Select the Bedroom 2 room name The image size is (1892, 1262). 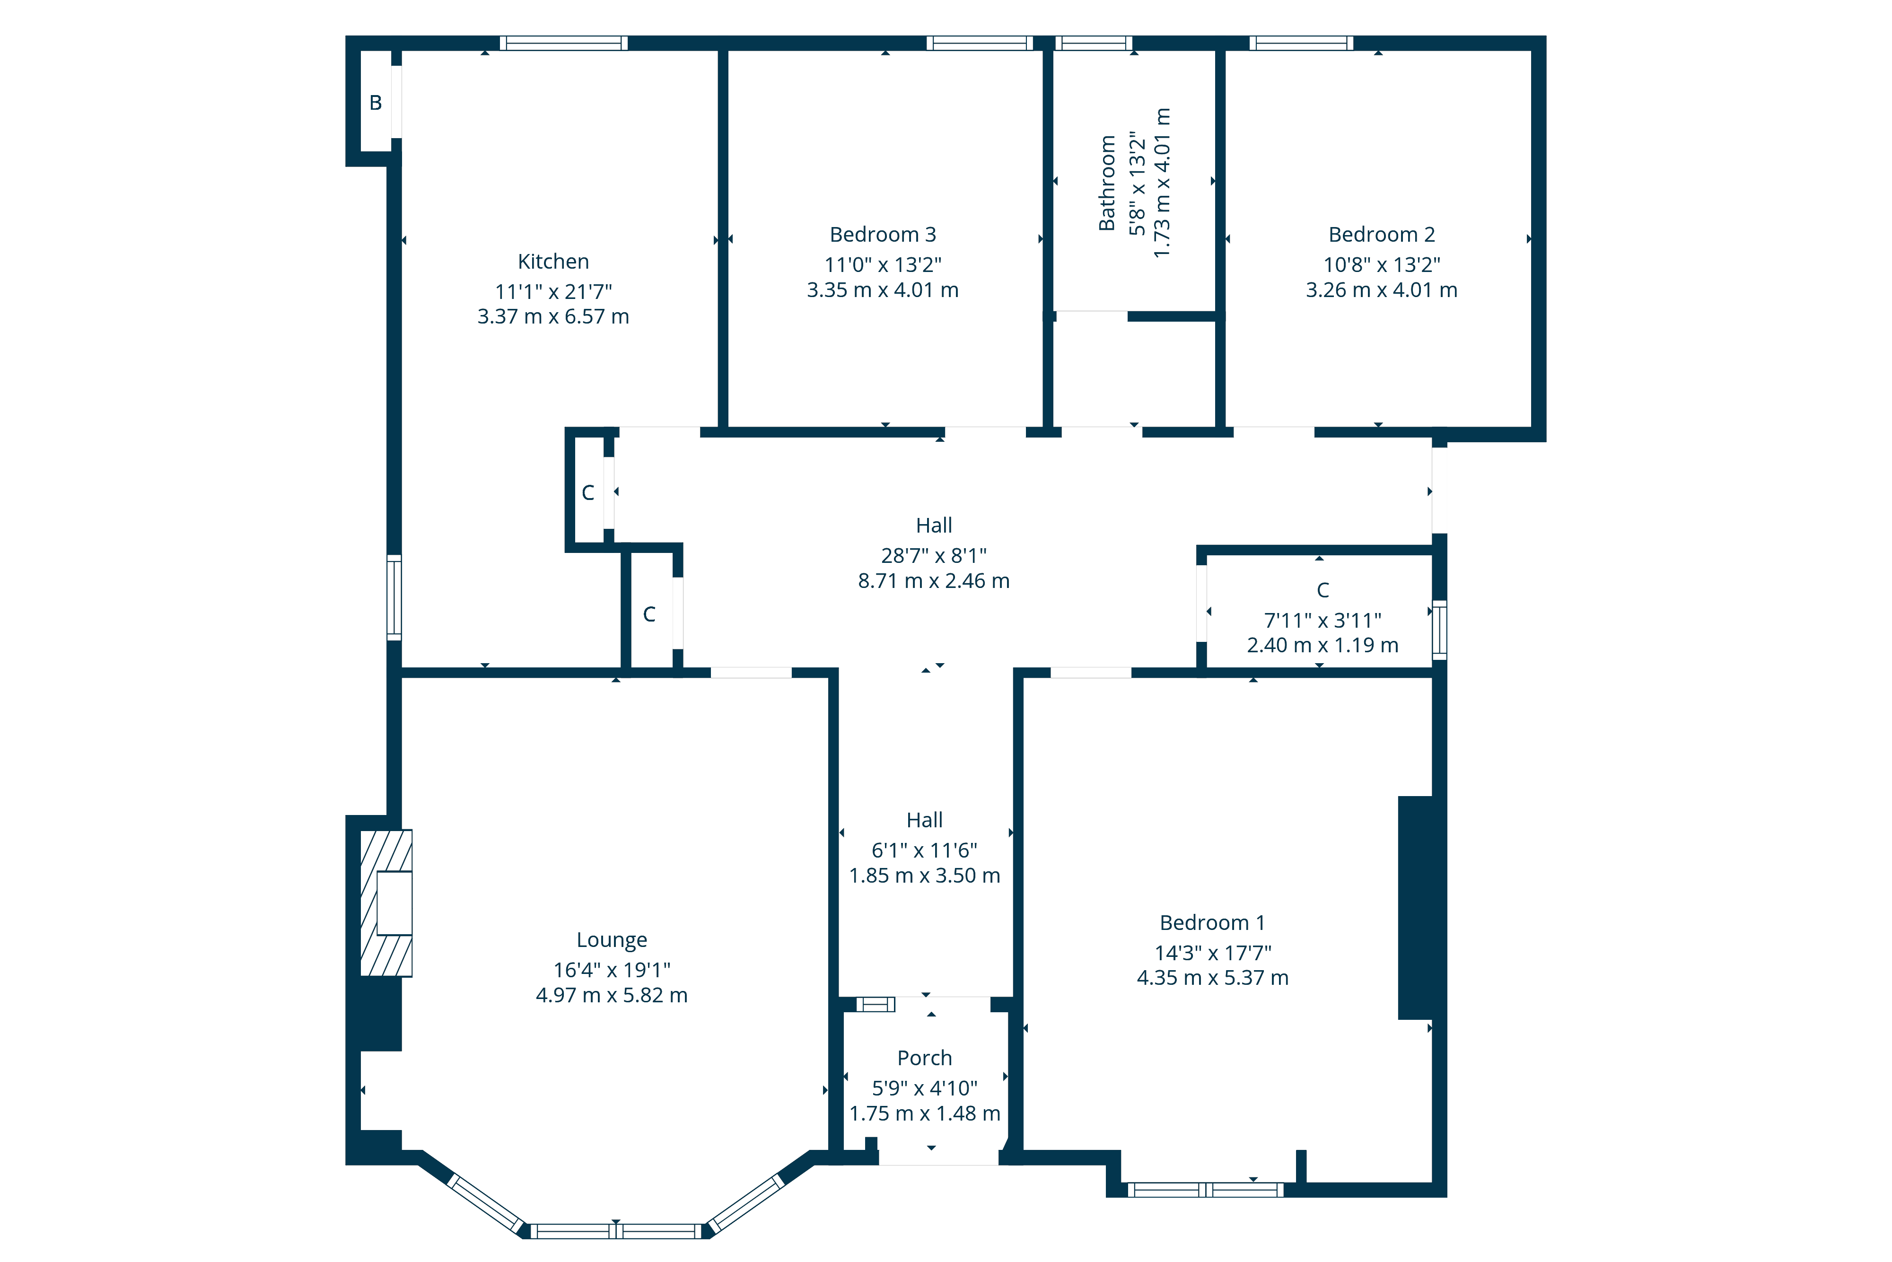(1382, 234)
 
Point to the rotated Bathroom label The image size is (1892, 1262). (1107, 184)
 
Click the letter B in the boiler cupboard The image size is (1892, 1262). (376, 102)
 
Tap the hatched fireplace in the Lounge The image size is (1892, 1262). (386, 903)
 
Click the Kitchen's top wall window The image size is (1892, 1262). (563, 44)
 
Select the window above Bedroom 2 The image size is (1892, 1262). (1301, 44)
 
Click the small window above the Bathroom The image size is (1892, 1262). (1094, 44)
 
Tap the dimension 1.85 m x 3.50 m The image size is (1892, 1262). (925, 875)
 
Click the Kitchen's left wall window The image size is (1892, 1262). (394, 597)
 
